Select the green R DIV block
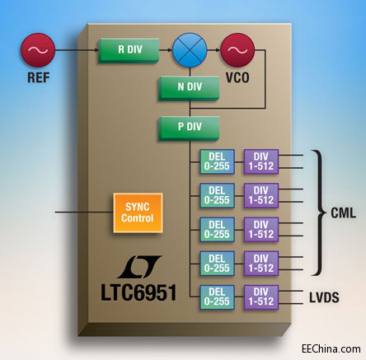[x=128, y=49]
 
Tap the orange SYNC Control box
[x=137, y=213]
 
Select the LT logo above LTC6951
[x=136, y=268]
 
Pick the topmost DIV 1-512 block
[x=261, y=161]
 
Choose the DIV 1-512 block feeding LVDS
[x=261, y=296]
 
